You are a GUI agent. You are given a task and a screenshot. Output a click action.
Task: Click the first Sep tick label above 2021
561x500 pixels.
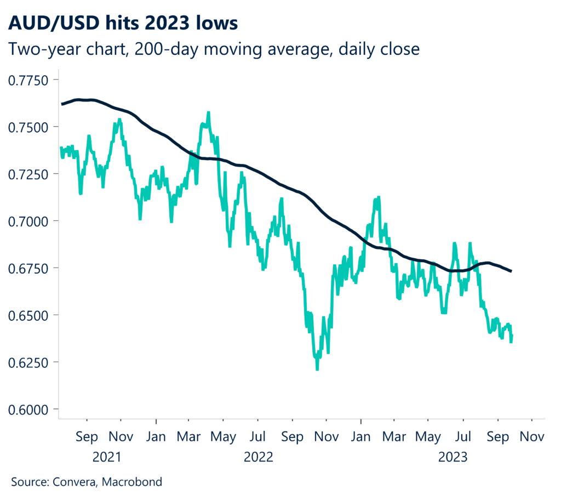coord(87,438)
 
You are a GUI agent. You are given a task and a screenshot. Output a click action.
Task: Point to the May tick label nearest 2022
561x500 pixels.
coord(223,438)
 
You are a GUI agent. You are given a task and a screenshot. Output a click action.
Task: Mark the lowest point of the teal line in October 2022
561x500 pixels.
coord(317,370)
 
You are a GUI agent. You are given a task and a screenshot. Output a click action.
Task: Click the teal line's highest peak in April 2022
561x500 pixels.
coord(208,112)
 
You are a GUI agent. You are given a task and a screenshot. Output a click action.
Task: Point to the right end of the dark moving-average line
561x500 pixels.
coord(511,271)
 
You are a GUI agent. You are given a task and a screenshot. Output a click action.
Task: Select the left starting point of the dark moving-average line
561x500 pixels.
coord(62,104)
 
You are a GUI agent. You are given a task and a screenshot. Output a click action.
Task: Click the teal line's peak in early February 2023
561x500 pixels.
coord(377,196)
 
